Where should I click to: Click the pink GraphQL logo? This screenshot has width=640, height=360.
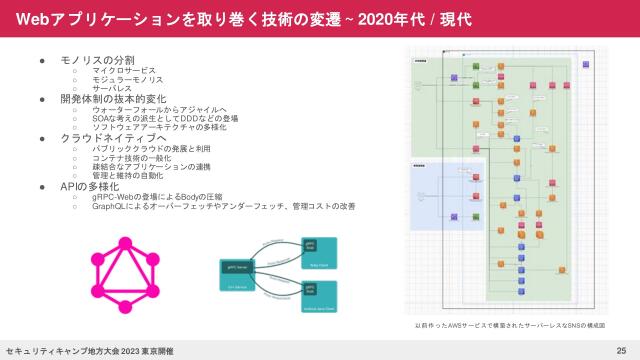tap(126, 273)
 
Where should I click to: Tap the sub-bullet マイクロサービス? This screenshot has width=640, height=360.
tap(123, 70)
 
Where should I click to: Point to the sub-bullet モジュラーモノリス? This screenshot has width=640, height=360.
tap(128, 79)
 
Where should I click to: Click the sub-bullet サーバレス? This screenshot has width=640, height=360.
tap(112, 88)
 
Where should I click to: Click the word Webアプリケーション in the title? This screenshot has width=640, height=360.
tap(80, 19)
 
